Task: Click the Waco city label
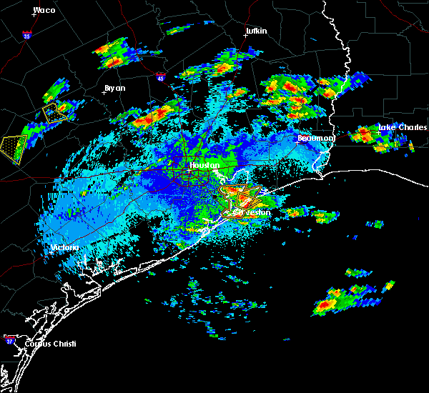pyautogui.click(x=44, y=10)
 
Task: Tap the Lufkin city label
pyautogui.click(x=255, y=31)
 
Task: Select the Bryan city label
pyautogui.click(x=114, y=88)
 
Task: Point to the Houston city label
pyautogui.click(x=203, y=165)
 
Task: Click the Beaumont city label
pyautogui.click(x=316, y=138)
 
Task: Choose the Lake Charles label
pyautogui.click(x=398, y=127)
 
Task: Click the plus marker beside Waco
pyautogui.click(x=34, y=14)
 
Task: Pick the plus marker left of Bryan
pyautogui.click(x=104, y=92)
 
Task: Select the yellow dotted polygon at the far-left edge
pyautogui.click(x=14, y=149)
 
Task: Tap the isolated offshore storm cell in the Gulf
pyautogui.click(x=336, y=300)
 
